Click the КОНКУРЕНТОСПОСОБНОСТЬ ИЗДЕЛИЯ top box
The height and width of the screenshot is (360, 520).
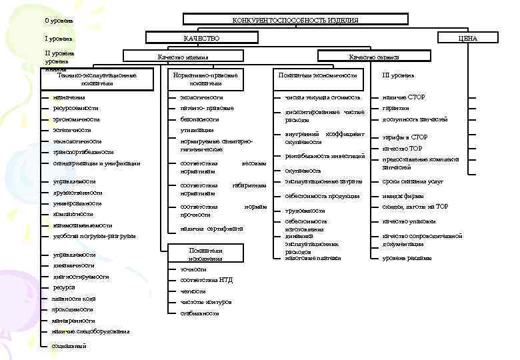pos(295,20)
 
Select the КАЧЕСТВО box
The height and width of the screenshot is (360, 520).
pos(201,38)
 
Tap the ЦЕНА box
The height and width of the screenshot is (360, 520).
pos(467,38)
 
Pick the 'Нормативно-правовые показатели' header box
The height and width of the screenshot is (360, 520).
pos(205,79)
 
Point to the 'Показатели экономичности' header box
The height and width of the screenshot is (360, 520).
pos(318,75)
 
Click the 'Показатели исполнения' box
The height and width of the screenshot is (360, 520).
pos(205,254)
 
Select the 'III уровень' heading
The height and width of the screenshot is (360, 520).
pos(399,75)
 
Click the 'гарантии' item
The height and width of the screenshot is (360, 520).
pos(395,108)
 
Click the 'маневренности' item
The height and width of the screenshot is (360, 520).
pos(74,321)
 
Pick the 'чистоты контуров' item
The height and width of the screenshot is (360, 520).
pos(206,302)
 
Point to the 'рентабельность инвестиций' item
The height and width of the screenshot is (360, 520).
pos(325,156)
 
